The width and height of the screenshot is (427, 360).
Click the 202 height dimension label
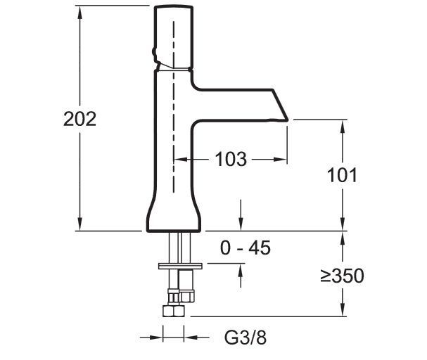[x=79, y=119]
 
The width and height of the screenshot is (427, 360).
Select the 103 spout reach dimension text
[x=230, y=160]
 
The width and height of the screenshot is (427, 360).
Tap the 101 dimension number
[x=343, y=174]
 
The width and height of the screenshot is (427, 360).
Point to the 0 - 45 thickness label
[x=246, y=247]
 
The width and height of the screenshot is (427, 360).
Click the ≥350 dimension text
[x=342, y=276]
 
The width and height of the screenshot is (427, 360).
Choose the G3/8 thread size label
[x=246, y=338]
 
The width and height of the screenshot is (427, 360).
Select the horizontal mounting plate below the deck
[x=180, y=266]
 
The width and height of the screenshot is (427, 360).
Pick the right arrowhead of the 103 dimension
[x=286, y=160]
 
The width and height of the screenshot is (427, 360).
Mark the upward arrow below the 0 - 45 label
[x=241, y=269]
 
